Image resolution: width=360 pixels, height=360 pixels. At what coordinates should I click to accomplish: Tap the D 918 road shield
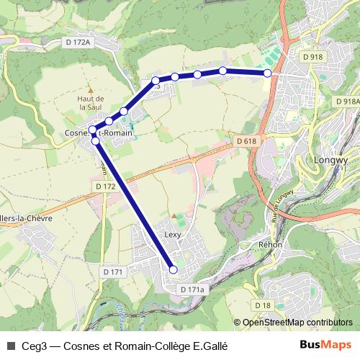click(x=312, y=56)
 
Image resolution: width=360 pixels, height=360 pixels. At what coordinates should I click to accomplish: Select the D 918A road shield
click(x=346, y=102)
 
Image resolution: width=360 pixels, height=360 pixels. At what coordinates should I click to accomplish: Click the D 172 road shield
click(x=105, y=186)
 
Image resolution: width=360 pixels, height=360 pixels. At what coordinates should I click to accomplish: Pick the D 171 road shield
click(x=114, y=271)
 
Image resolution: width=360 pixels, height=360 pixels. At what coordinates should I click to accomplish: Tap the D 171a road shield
click(x=192, y=289)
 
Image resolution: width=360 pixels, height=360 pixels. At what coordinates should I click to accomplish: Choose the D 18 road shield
click(x=263, y=305)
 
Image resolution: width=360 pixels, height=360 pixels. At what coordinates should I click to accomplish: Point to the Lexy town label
click(x=173, y=235)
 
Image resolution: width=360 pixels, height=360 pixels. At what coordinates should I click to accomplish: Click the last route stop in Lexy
click(x=173, y=270)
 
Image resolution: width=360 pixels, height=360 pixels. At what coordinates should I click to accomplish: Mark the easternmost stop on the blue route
click(x=268, y=73)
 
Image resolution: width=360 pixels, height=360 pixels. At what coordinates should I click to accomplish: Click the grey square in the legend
click(x=9, y=345)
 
